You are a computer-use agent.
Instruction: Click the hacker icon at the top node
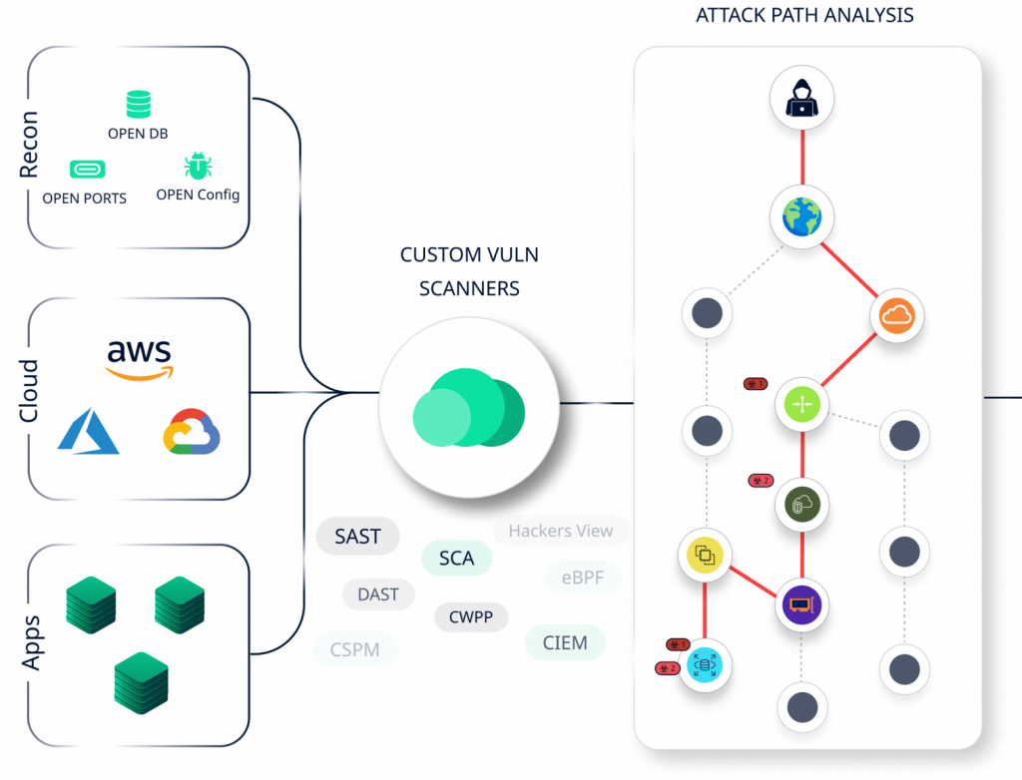(x=801, y=101)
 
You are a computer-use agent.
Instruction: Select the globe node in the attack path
(x=801, y=216)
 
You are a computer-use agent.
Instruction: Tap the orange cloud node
(x=896, y=317)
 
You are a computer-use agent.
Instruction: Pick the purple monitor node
(x=801, y=604)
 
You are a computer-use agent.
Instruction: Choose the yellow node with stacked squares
(x=706, y=555)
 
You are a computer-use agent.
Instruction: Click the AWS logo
(x=139, y=360)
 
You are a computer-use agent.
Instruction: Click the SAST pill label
(x=357, y=537)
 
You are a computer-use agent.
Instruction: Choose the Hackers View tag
(x=561, y=531)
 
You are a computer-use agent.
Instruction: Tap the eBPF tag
(x=583, y=577)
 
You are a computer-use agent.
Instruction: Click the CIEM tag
(x=565, y=642)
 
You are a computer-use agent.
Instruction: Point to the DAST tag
(x=378, y=594)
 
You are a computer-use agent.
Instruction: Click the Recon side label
(x=30, y=144)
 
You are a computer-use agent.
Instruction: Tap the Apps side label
(x=30, y=641)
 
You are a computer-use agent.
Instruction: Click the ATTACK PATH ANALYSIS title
(x=803, y=16)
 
